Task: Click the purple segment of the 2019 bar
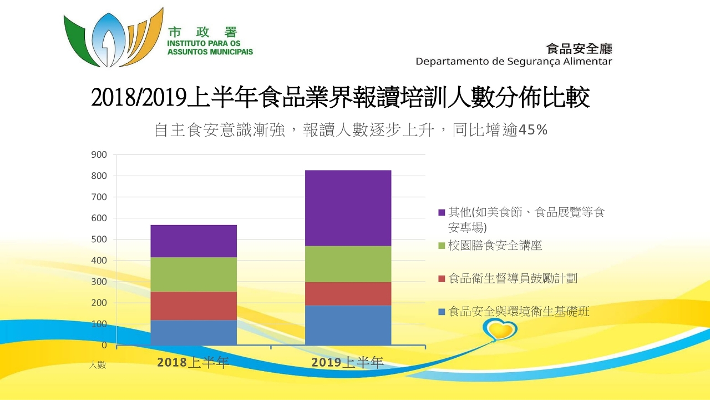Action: (x=348, y=208)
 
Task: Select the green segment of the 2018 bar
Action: (x=194, y=274)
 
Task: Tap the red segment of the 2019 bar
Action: (x=348, y=293)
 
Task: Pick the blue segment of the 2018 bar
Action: (x=194, y=332)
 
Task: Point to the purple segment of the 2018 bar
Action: (x=194, y=241)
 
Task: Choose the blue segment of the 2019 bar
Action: (x=348, y=325)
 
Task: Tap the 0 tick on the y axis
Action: (x=104, y=345)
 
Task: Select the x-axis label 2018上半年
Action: (x=193, y=363)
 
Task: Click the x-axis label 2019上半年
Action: (x=347, y=363)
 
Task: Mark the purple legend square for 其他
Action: (x=442, y=212)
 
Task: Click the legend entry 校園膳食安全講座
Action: (x=495, y=246)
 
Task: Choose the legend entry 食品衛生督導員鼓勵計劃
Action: (x=513, y=278)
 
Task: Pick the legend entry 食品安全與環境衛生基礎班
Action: (x=519, y=312)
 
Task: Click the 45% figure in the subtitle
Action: (x=532, y=130)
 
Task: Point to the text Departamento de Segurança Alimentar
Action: (x=514, y=61)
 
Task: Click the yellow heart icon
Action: (x=500, y=329)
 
